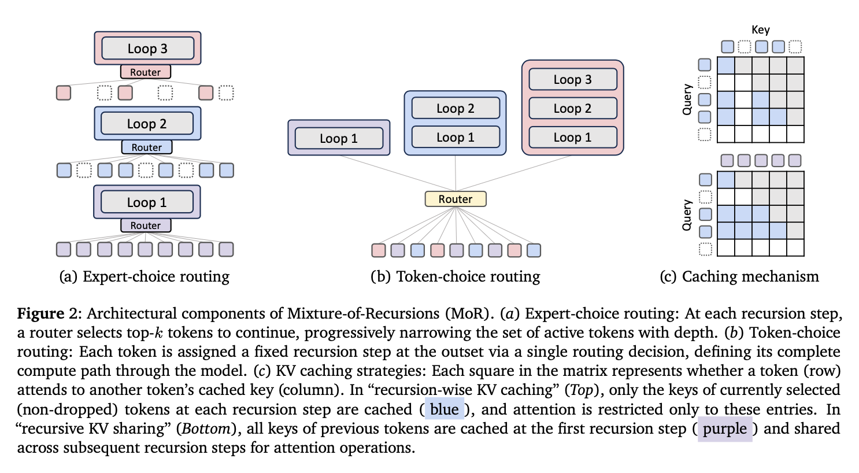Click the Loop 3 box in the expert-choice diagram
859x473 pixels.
pos(147,49)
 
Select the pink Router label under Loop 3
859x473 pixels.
pos(145,72)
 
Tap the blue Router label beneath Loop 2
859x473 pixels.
pos(146,147)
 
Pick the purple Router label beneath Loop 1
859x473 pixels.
pos(145,226)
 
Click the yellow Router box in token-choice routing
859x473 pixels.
pos(455,199)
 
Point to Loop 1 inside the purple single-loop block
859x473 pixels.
pos(339,138)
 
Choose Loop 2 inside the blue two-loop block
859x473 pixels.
pos(455,108)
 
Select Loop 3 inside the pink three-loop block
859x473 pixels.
pos(572,79)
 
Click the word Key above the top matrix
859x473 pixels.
pos(760,29)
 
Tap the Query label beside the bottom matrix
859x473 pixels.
pos(687,215)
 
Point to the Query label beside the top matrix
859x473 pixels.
pos(687,99)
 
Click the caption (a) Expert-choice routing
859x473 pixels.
pos(145,276)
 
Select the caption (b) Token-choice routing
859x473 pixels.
pos(455,276)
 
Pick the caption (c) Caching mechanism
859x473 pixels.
pos(739,276)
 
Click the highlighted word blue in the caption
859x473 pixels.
pos(444,409)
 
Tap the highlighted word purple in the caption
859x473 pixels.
pos(724,428)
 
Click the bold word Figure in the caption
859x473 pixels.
pos(40,313)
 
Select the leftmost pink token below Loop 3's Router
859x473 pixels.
pos(64,93)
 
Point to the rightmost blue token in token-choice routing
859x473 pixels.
pos(534,250)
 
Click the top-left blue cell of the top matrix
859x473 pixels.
pos(725,65)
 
